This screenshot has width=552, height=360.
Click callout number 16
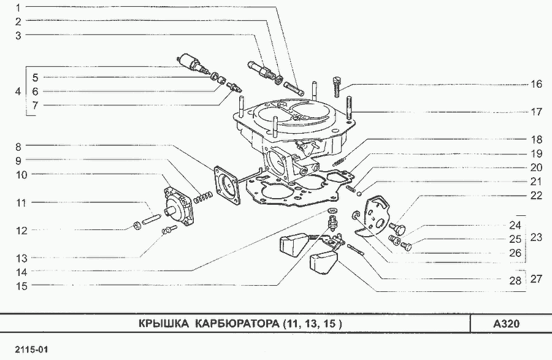[536, 84]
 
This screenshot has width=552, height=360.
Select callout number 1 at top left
[18, 7]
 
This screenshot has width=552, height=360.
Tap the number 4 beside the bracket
[18, 91]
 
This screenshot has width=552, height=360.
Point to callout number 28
[515, 280]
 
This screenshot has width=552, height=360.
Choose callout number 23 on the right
[536, 237]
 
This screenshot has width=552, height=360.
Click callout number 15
[21, 286]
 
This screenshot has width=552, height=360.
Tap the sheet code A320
[506, 323]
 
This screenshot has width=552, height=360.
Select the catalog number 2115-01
[31, 350]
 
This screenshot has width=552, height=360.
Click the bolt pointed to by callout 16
[337, 86]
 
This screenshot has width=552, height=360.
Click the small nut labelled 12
[137, 225]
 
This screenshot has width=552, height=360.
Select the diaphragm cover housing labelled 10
[178, 206]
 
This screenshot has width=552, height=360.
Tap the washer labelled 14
[332, 211]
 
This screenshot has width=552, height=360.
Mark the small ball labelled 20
[359, 193]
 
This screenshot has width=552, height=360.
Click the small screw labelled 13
[168, 230]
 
